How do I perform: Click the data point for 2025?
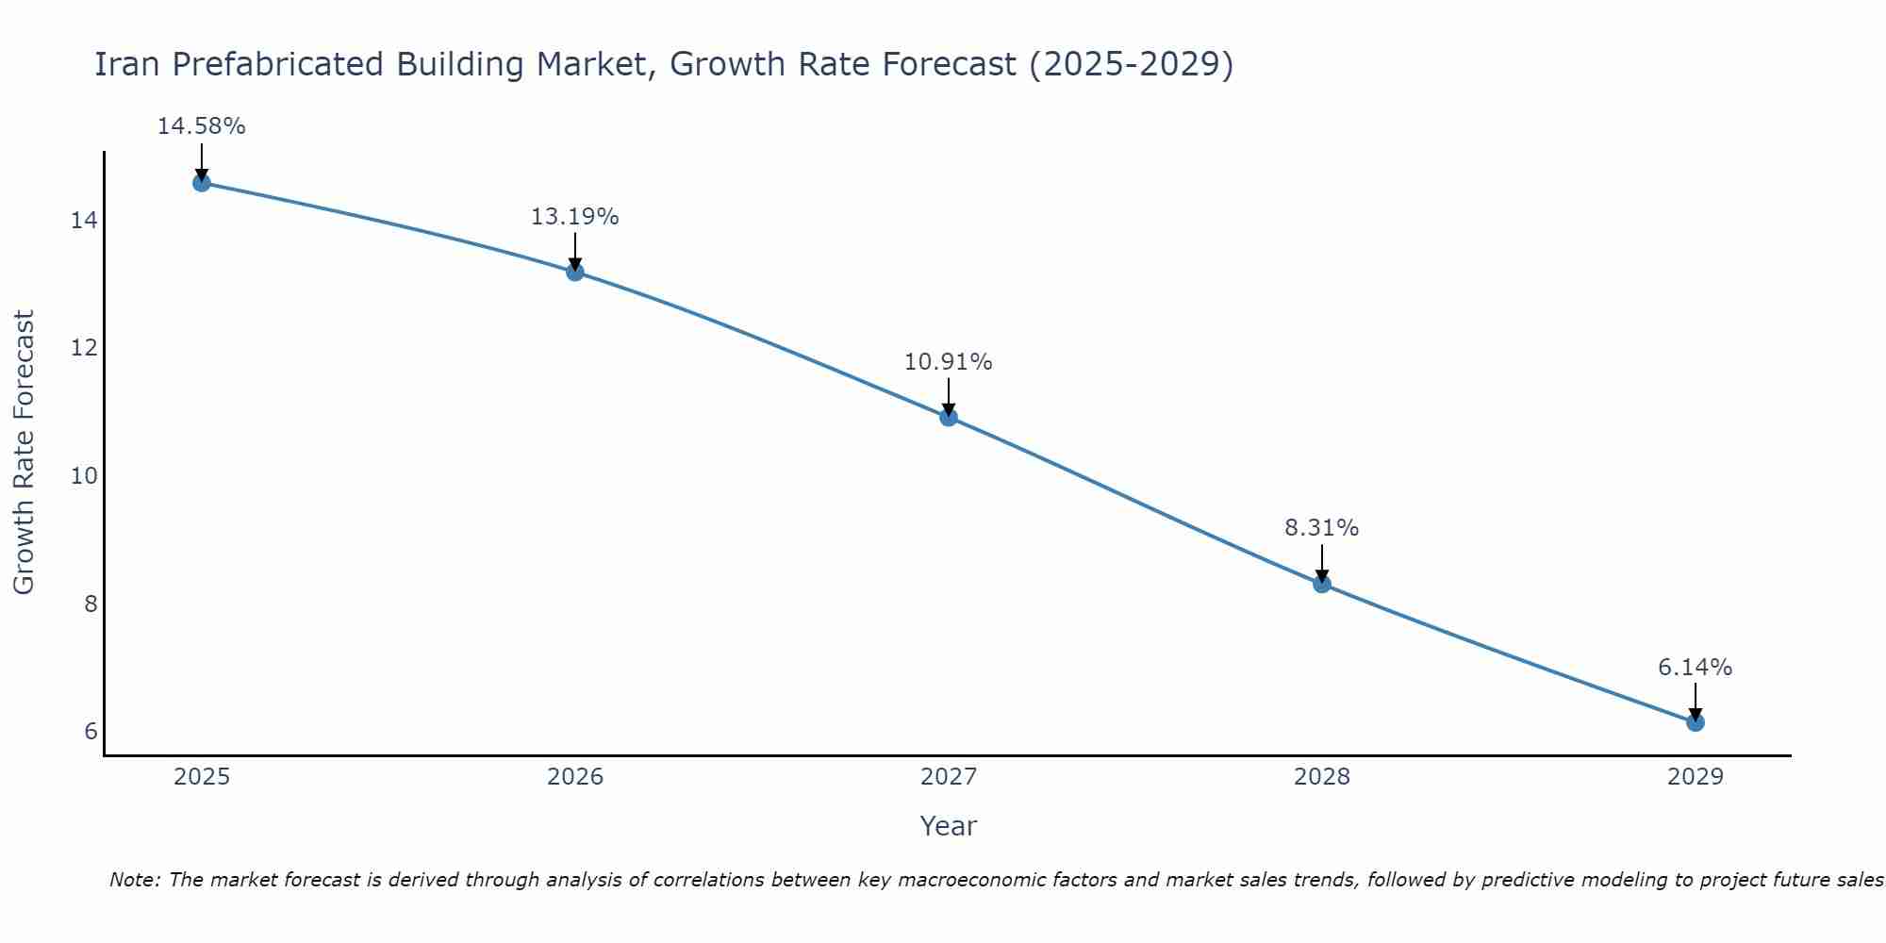click(x=201, y=183)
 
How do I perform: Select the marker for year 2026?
click(x=575, y=273)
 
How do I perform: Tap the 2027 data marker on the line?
click(x=949, y=418)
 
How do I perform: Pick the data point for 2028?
click(x=1322, y=585)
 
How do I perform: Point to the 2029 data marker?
click(x=1695, y=723)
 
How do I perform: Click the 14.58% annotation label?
click(x=201, y=126)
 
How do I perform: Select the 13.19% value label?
click(x=574, y=217)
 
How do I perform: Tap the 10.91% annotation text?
click(x=948, y=362)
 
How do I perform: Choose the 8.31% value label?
click(x=1321, y=528)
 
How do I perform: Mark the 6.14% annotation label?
click(x=1695, y=668)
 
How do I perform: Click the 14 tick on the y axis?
click(x=84, y=221)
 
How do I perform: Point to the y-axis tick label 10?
click(x=84, y=476)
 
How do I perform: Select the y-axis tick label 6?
click(x=91, y=732)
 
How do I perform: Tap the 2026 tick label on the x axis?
click(x=575, y=777)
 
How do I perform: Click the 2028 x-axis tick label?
click(x=1322, y=777)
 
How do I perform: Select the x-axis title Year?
click(x=948, y=826)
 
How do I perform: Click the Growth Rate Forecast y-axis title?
click(x=25, y=453)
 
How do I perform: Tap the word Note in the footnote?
click(x=135, y=881)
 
